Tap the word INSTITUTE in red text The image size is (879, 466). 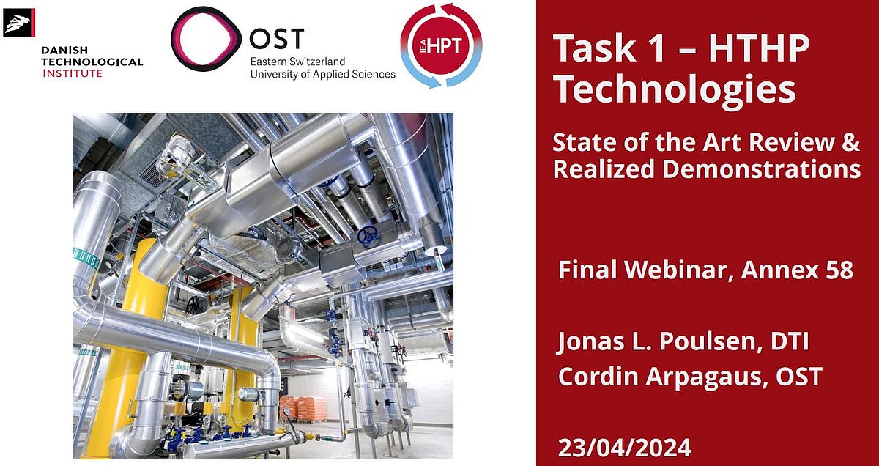73,73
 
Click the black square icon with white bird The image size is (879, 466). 19,23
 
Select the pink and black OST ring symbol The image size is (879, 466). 206,41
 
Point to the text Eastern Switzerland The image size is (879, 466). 297,62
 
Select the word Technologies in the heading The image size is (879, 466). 674,89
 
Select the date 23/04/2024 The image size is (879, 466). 624,446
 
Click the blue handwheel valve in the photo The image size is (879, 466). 368,236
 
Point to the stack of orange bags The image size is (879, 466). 303,408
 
